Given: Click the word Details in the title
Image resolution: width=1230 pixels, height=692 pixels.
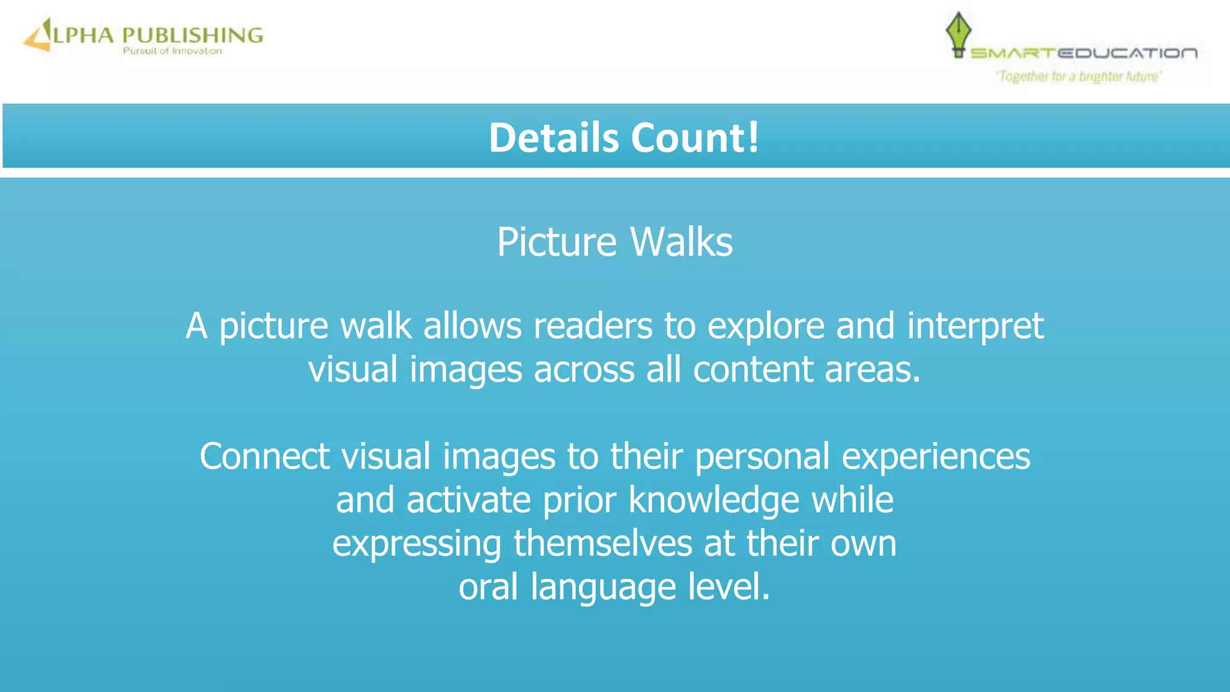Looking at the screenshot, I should coord(553,138).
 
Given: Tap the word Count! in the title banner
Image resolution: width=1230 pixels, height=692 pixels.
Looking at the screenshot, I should coord(695,138).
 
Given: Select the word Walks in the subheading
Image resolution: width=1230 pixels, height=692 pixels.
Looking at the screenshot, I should coord(682,242).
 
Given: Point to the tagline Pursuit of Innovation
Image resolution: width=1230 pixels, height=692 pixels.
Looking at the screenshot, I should coord(172,52).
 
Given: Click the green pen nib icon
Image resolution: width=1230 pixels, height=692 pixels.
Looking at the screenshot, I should coord(958,34).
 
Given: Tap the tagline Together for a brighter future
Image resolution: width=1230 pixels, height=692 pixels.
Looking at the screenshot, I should coord(1079,76).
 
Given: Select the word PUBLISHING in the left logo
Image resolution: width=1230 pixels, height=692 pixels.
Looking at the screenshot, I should coord(193,35).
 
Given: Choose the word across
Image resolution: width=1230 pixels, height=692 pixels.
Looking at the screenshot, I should coord(584,369).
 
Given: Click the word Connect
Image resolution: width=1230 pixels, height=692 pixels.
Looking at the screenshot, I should coord(264,457).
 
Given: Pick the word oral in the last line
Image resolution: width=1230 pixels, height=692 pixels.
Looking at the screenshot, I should coord(488,587).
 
